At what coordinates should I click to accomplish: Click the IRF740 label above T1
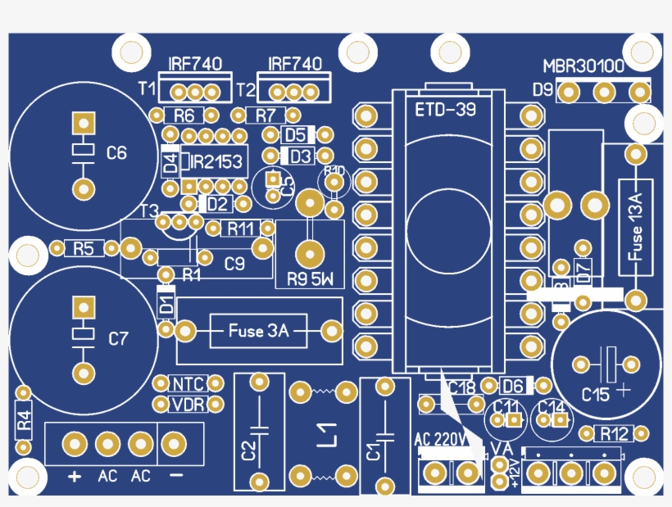tap(195, 64)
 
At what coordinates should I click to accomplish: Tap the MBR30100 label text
tap(583, 66)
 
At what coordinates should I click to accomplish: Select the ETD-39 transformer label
tap(446, 109)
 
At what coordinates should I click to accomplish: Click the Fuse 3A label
tap(258, 332)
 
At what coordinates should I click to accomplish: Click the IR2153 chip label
tap(216, 162)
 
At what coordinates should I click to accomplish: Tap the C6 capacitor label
tap(117, 152)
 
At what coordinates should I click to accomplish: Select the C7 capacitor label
tap(119, 337)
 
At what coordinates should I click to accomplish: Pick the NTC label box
tap(187, 383)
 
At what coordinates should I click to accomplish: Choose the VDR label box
tap(187, 404)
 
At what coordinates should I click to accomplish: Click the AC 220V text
tap(440, 438)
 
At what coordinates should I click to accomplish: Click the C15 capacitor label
tap(596, 394)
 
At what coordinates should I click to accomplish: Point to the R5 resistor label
tap(84, 248)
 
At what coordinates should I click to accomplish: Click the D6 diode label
tap(514, 386)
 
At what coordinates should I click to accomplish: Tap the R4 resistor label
tap(24, 421)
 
